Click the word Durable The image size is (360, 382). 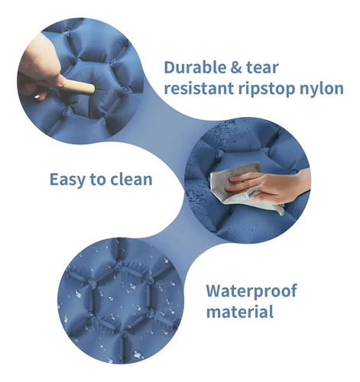(x=194, y=67)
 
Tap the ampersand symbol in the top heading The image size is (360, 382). (x=235, y=68)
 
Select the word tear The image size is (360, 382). (x=262, y=68)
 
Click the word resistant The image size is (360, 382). (x=199, y=88)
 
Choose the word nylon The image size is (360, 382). (x=322, y=89)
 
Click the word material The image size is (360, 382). (x=239, y=312)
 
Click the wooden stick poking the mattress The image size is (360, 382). (x=78, y=86)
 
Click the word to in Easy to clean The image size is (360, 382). (x=98, y=180)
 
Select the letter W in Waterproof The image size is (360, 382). (x=214, y=291)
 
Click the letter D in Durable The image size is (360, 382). (x=170, y=67)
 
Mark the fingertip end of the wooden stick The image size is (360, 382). (x=92, y=89)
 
